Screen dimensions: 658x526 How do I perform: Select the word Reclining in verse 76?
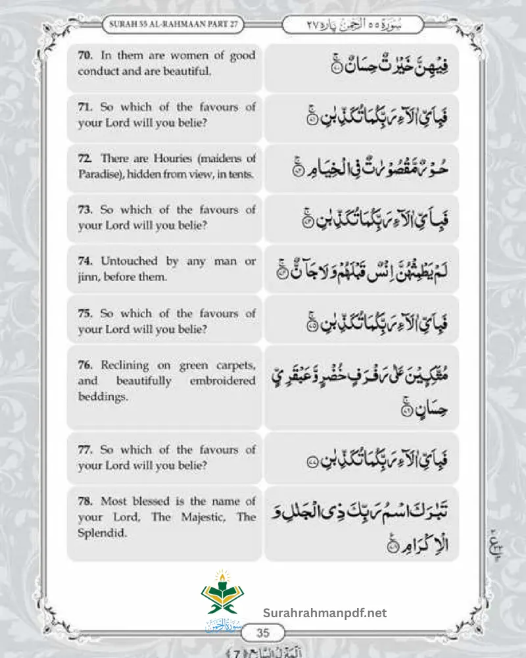[125, 365]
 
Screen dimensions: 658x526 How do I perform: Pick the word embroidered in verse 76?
[224, 381]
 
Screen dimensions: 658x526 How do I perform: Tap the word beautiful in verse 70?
[188, 71]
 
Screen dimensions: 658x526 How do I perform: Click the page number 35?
[263, 633]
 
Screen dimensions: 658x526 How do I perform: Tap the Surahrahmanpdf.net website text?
[325, 613]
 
